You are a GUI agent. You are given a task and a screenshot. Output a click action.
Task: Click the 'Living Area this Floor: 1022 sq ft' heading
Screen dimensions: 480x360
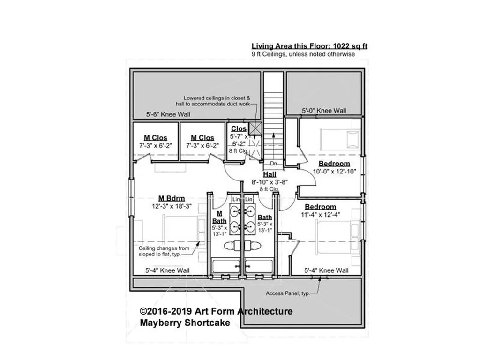coord(309,46)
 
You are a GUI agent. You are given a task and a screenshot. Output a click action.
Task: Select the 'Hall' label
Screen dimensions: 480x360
coord(270,174)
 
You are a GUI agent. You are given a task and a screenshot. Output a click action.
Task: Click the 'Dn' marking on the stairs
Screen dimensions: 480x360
coord(273,164)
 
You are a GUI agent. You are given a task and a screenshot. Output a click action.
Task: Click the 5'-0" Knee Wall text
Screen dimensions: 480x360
coord(324,111)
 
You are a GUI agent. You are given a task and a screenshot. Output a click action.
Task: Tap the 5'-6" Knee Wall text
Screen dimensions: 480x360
coord(168,114)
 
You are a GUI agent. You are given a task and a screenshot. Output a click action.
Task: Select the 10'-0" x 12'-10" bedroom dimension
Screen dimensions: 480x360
coord(334,172)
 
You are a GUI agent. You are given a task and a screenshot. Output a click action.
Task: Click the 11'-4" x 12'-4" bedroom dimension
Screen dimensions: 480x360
coord(321,215)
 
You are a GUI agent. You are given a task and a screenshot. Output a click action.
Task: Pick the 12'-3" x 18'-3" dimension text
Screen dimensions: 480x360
coord(172,206)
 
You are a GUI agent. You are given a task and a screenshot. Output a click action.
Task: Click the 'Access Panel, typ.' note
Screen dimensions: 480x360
coord(288,293)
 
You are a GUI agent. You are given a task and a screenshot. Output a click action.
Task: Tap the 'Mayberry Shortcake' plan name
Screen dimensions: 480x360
coord(185,322)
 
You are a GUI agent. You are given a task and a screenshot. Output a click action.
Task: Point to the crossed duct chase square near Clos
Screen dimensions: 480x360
coord(255,129)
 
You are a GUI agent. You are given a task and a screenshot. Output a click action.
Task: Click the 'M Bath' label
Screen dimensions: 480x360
coord(219,217)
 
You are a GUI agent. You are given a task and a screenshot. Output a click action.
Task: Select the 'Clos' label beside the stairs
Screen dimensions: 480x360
coord(239,128)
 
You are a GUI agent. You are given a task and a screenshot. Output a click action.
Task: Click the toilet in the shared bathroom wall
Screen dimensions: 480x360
coord(242,246)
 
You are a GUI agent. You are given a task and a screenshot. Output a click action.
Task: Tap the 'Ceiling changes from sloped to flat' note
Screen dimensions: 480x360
coord(164,251)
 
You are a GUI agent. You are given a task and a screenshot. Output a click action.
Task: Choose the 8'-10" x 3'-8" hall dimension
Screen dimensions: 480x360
coord(270,182)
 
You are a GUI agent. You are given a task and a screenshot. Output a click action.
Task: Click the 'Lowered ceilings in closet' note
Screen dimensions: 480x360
coord(213,101)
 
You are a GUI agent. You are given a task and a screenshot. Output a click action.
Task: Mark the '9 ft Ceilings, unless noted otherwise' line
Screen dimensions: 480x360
coord(303,54)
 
